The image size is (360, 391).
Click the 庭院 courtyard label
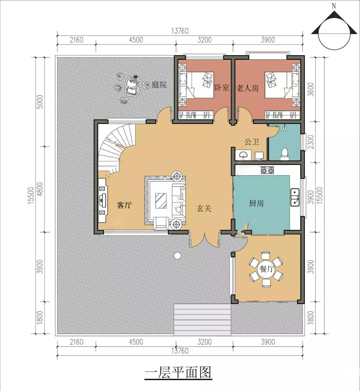pyautogui.click(x=159, y=85)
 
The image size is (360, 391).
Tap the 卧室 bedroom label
pyautogui.click(x=222, y=87)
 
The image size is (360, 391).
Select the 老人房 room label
pyautogui.click(x=247, y=88)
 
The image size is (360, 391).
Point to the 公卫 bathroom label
pyautogui.click(x=252, y=142)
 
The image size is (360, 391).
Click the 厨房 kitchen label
pyautogui.click(x=257, y=203)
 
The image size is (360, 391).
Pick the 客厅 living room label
pyautogui.click(x=124, y=205)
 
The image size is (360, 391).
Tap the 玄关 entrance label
pyautogui.click(x=204, y=208)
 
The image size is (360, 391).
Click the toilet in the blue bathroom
pyautogui.click(x=285, y=154)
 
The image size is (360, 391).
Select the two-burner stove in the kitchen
pyautogui.click(x=267, y=170)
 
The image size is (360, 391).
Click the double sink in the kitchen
pyautogui.click(x=295, y=197)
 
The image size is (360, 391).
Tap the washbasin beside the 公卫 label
pyautogui.click(x=243, y=154)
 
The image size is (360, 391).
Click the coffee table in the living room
pyautogui.click(x=161, y=201)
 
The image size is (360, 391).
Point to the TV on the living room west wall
pyautogui.click(x=102, y=200)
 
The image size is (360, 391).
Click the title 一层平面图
pyautogui.click(x=178, y=373)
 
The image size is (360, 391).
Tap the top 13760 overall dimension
pyautogui.click(x=180, y=31)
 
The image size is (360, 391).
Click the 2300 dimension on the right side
pyautogui.click(x=310, y=142)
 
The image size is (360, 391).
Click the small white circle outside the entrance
pyautogui.click(x=177, y=255)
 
